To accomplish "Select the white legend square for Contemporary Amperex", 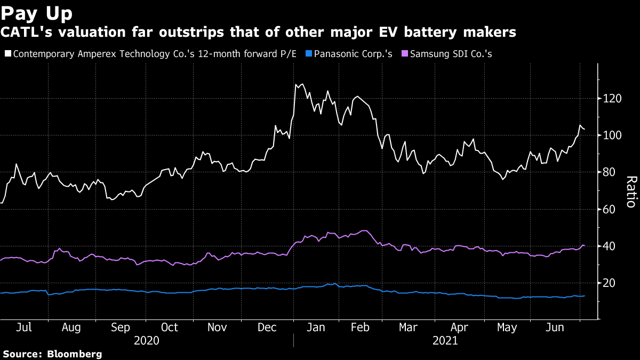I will (x=7, y=54).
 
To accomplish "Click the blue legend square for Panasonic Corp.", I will (x=309, y=54).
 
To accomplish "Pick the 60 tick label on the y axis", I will (x=609, y=209).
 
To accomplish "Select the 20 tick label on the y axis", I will (x=609, y=283).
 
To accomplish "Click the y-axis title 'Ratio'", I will (x=630, y=191).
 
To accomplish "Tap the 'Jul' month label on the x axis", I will (x=23, y=327).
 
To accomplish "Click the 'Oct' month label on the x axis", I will (x=169, y=327).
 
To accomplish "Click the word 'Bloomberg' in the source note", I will (x=75, y=354).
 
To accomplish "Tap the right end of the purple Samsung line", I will (x=585, y=245).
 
